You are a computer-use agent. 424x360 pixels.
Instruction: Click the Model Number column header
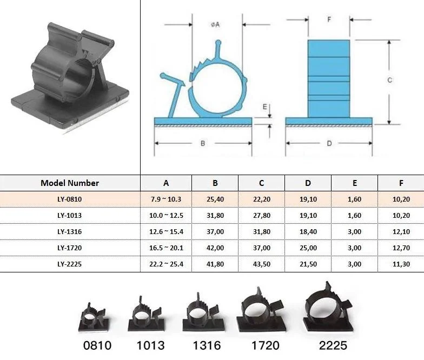click(70, 183)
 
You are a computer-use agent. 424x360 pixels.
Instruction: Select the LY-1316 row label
click(69, 231)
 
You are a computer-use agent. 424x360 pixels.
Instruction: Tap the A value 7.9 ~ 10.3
click(166, 199)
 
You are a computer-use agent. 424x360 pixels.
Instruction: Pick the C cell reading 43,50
click(262, 264)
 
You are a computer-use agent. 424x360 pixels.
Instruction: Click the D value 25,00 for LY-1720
click(308, 248)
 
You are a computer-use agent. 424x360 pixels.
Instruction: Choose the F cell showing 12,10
click(401, 231)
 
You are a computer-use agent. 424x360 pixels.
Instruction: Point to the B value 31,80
click(215, 215)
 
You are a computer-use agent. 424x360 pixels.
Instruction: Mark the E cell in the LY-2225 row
click(355, 264)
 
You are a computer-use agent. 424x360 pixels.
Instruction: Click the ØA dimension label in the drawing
click(215, 25)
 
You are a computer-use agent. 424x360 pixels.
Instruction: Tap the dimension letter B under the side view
click(203, 143)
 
